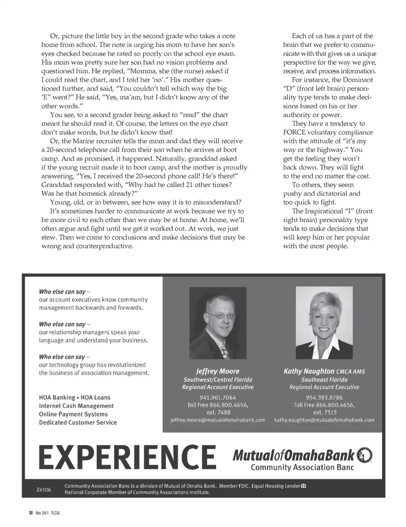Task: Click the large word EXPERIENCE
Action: [127, 457]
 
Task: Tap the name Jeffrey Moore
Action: [217, 371]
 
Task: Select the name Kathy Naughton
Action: [309, 371]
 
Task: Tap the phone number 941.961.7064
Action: [218, 397]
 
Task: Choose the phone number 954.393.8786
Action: [324, 397]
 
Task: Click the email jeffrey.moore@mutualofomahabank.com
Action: [218, 420]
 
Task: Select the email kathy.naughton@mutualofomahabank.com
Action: [324, 420]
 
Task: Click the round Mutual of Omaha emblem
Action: [365, 455]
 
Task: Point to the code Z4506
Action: [44, 490]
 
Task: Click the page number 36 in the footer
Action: [31, 513]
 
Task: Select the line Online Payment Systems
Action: [73, 414]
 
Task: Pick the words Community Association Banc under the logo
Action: [302, 468]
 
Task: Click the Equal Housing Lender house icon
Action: [303, 486]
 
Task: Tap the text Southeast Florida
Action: [324, 380]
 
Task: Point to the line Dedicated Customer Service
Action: [78, 422]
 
